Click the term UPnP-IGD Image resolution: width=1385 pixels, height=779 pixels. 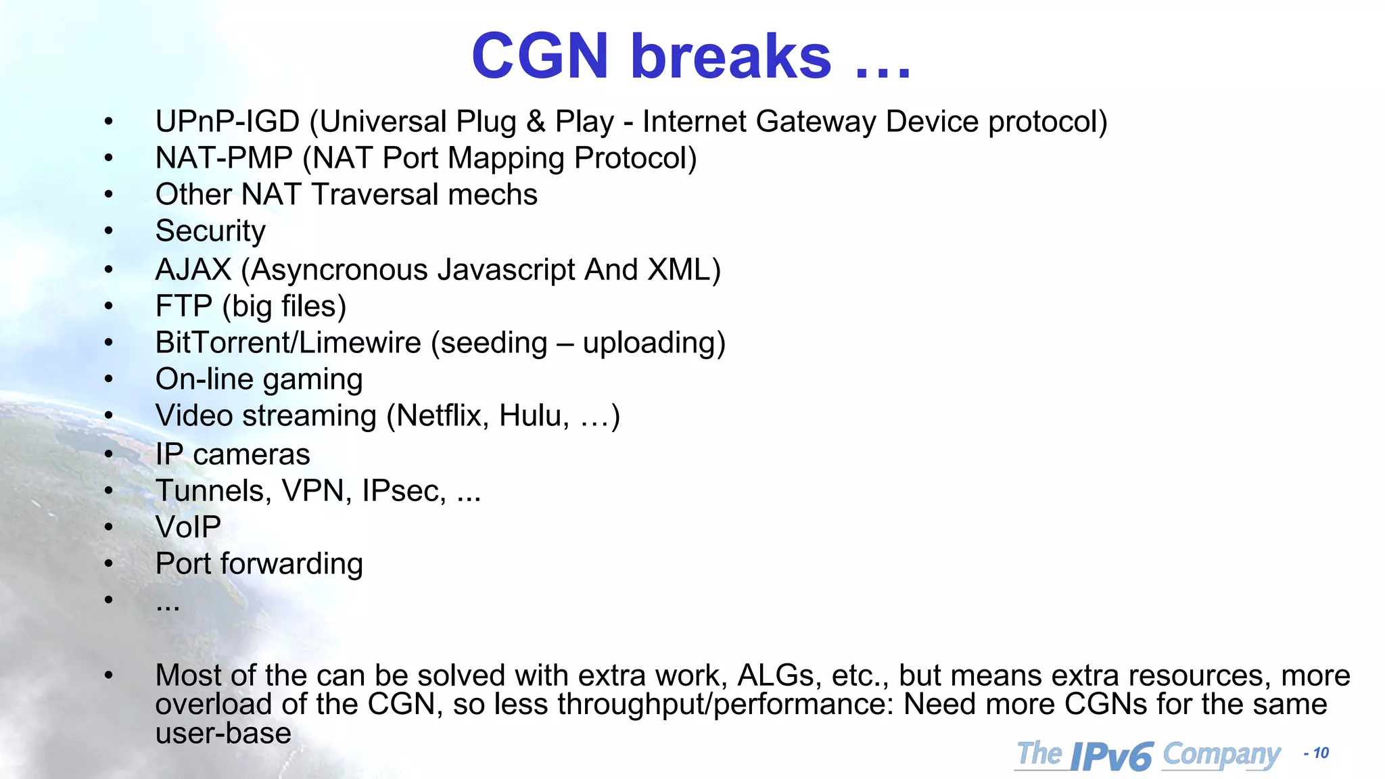227,122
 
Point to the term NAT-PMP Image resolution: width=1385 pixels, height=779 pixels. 224,158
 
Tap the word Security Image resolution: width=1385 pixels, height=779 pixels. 210,231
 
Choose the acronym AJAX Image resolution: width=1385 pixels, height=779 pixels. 193,269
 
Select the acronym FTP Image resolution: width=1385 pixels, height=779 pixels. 183,306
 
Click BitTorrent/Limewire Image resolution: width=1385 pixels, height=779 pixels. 288,342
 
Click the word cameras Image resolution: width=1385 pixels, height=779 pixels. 251,454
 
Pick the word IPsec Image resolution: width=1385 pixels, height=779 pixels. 404,491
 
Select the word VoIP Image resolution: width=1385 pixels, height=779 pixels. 188,527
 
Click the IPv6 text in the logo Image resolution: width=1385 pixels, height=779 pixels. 1111,756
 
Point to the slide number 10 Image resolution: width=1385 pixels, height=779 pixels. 1320,753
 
